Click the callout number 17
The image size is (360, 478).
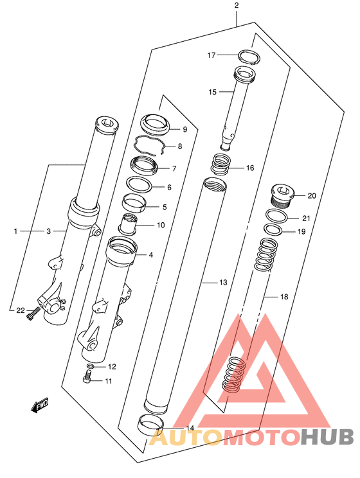click(212, 55)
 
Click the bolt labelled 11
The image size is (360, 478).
click(87, 376)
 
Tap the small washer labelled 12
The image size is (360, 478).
click(90, 366)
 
